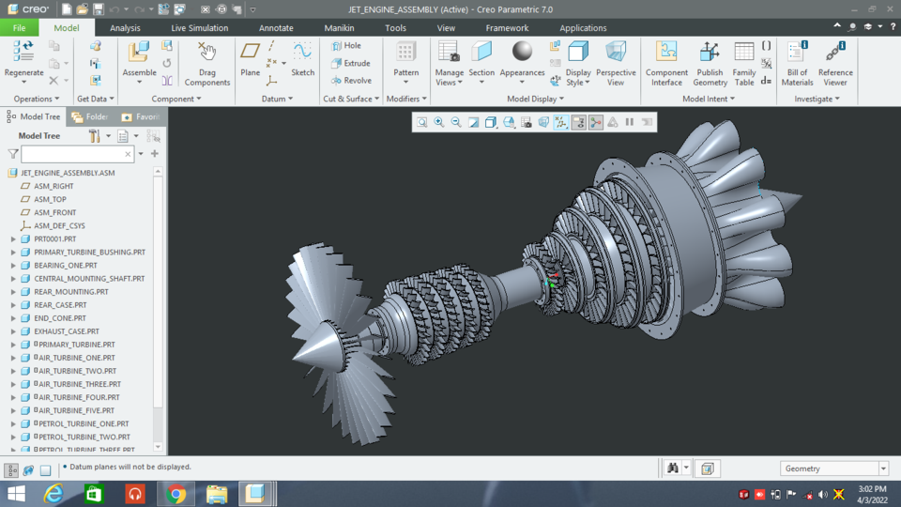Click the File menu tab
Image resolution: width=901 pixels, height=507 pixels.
(x=19, y=28)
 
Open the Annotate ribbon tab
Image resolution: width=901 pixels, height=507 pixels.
(x=276, y=28)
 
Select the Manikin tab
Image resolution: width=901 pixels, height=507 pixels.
(x=339, y=28)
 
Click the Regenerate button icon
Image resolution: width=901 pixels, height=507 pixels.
(x=23, y=52)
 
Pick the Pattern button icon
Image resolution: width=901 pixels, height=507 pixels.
(x=406, y=52)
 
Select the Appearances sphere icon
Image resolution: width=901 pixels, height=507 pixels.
(x=522, y=51)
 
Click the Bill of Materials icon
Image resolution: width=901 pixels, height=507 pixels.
(x=797, y=52)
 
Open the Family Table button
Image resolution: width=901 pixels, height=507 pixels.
(x=744, y=52)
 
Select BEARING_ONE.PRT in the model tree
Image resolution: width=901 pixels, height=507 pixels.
(x=65, y=266)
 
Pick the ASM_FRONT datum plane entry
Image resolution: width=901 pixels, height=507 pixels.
(x=54, y=213)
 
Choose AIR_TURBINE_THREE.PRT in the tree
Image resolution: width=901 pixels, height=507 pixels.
(x=79, y=384)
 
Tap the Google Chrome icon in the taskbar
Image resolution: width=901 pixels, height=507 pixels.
(x=176, y=494)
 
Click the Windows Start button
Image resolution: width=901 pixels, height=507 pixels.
(x=16, y=494)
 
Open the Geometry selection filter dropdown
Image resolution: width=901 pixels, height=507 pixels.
(x=883, y=469)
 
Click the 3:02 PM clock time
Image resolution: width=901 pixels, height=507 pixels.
(x=871, y=488)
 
